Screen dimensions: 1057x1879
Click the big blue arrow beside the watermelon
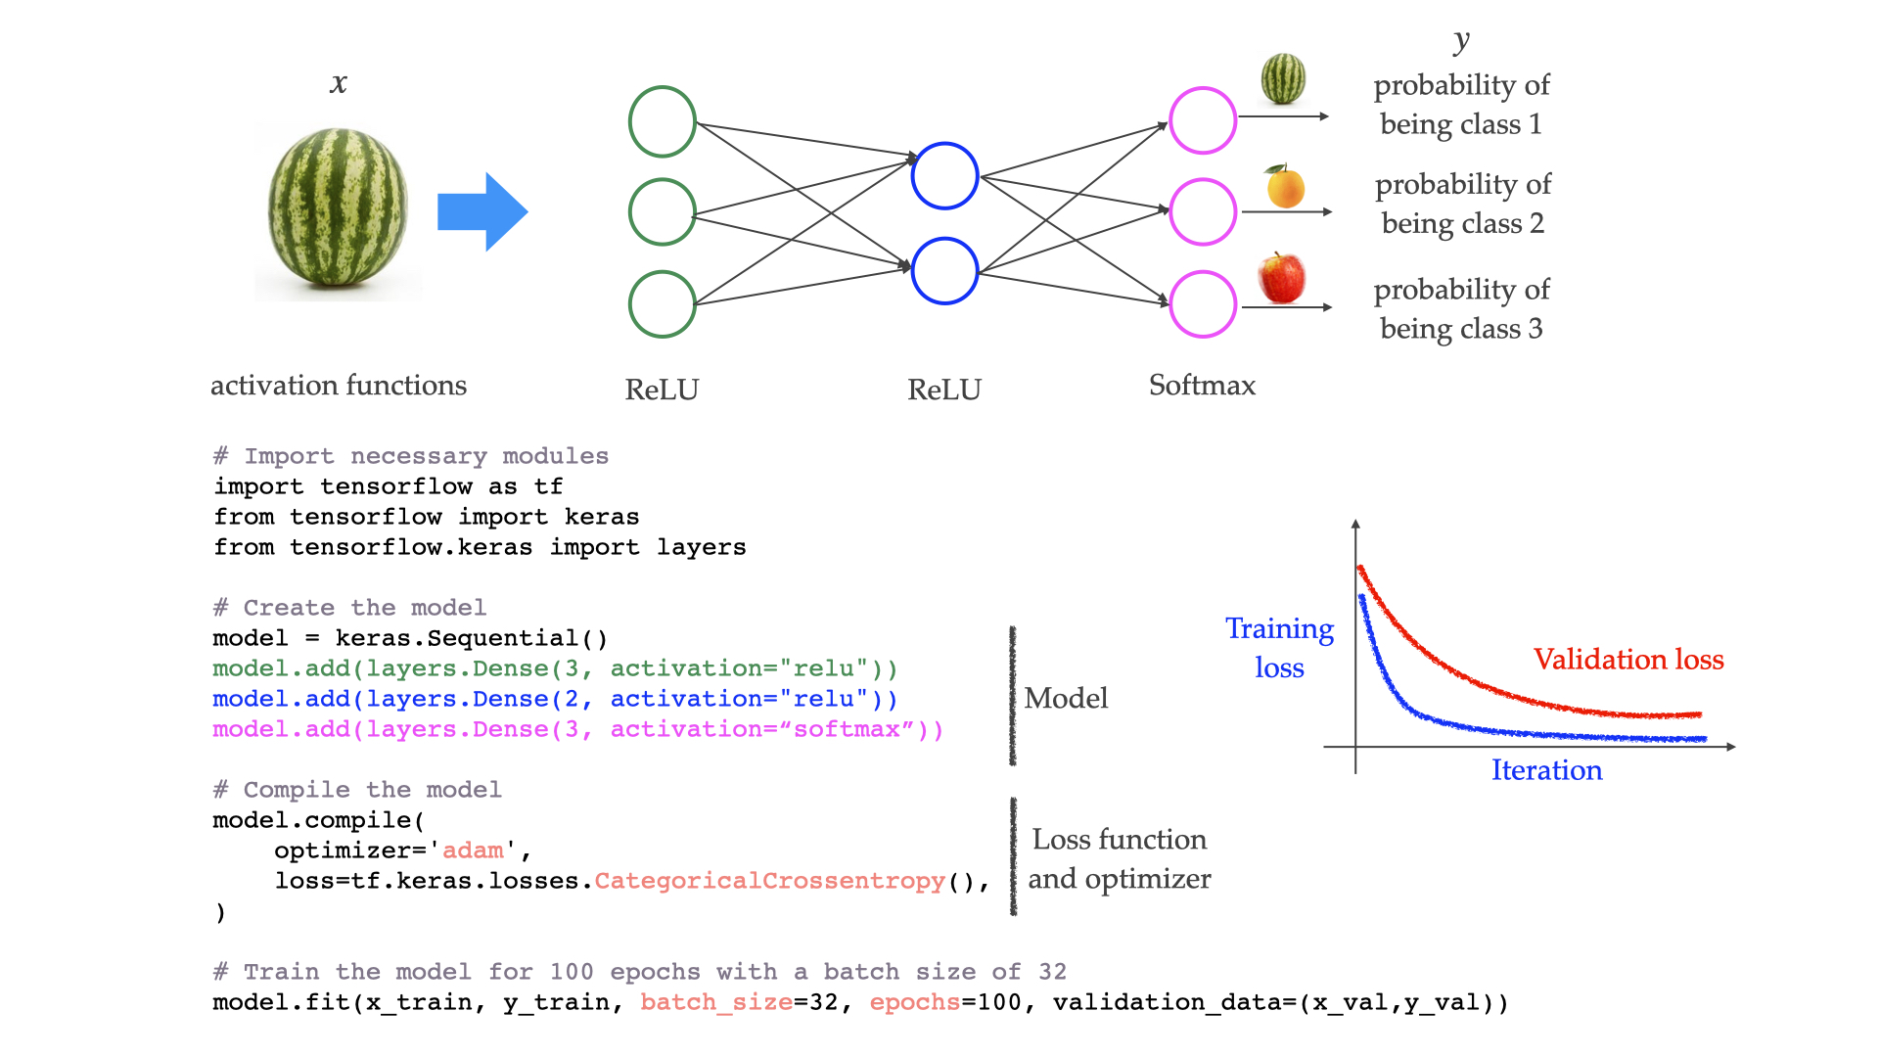coord(481,211)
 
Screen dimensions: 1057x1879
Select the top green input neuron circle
coord(663,122)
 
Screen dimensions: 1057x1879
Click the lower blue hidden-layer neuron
coord(944,271)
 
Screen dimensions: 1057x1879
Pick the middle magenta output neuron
coord(1203,211)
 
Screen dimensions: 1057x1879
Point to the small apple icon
coord(1282,278)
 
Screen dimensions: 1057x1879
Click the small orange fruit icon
coord(1285,186)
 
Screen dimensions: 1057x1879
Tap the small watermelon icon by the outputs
coord(1283,78)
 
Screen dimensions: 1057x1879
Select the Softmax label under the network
coord(1202,386)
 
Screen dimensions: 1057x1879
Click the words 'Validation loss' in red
coord(1628,660)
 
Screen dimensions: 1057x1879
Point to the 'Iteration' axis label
coord(1546,770)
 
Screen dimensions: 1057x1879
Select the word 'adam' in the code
coord(474,850)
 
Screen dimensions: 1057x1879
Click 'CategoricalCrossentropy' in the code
coord(769,881)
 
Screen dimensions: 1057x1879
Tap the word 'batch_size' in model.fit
coord(716,1002)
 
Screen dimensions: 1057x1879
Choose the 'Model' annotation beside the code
coord(1066,698)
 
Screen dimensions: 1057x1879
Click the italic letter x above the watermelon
coord(339,83)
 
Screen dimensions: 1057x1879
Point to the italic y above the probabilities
coord(1461,40)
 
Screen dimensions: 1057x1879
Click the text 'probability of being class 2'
coord(1463,204)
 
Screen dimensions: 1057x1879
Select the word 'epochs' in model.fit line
coord(914,1002)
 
